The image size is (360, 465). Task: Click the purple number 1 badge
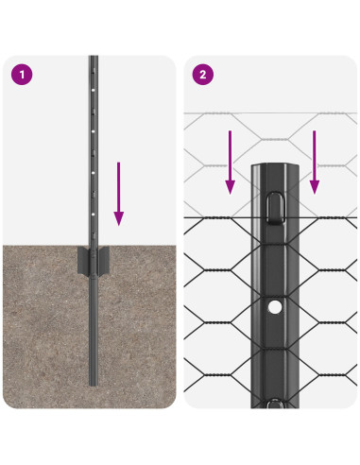(21, 74)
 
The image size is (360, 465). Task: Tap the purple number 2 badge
(200, 74)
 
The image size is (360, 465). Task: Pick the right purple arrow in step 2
(315, 162)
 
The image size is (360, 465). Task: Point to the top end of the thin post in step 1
(93, 58)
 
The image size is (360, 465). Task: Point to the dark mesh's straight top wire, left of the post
(217, 218)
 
